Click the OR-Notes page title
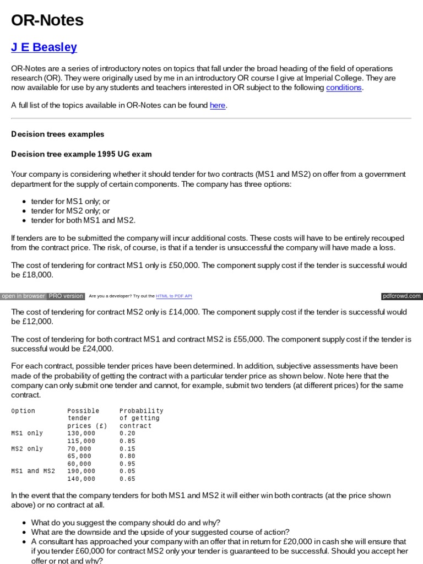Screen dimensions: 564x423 click(x=47, y=20)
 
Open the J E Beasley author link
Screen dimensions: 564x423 click(x=44, y=47)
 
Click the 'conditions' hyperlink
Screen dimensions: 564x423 click(x=344, y=88)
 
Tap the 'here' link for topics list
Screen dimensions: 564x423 click(x=218, y=105)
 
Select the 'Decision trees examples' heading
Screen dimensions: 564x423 click(x=58, y=134)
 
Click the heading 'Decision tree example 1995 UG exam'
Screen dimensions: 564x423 click(x=82, y=154)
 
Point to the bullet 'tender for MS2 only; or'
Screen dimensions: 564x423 click(x=70, y=211)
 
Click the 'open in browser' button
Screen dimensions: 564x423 click(x=23, y=296)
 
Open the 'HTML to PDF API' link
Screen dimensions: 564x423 click(x=174, y=296)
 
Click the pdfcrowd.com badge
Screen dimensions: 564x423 click(x=402, y=296)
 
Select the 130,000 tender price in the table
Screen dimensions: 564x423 click(x=81, y=433)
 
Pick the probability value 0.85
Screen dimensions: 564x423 click(x=127, y=441)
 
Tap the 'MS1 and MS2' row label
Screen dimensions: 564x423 click(x=33, y=471)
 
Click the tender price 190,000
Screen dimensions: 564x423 click(x=81, y=471)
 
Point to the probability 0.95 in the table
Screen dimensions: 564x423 click(x=127, y=464)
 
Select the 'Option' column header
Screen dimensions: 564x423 click(x=23, y=411)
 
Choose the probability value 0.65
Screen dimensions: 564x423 click(x=127, y=479)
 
